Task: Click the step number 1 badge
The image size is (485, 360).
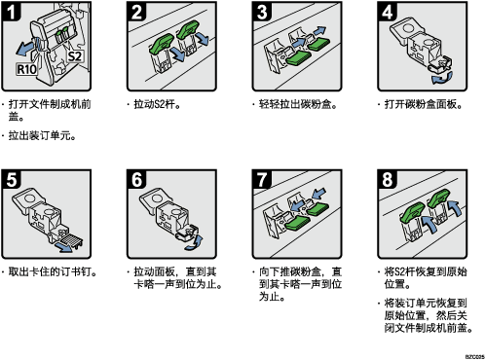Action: pos(12,12)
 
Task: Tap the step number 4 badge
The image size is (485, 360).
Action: pos(388,12)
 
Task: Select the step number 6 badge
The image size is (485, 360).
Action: pos(136,179)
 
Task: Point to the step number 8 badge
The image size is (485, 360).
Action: pos(388,179)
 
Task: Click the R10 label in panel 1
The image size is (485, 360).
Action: pos(26,69)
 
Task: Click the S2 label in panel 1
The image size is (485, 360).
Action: pos(75,56)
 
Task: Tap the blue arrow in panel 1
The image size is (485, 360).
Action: pos(25,49)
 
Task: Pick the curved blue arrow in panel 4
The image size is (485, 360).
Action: pos(442,78)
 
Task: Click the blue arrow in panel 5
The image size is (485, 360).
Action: pos(63,247)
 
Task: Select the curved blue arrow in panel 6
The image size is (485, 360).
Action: pos(195,243)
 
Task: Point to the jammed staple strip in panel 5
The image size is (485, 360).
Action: pos(72,241)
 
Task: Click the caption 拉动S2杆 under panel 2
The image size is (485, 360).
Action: pos(155,104)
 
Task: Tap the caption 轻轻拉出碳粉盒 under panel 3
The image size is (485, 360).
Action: pos(295,104)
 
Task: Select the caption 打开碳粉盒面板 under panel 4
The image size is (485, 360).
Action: pos(421,104)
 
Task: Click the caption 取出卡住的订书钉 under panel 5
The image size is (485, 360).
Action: pos(50,271)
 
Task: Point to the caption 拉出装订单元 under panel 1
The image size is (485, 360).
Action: pos(40,135)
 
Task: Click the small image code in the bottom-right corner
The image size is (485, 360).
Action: pos(475,356)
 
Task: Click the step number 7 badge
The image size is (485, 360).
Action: pos(262,179)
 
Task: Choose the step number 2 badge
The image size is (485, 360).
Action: pos(136,12)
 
